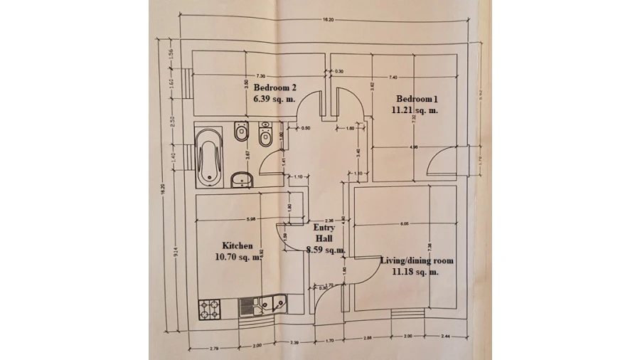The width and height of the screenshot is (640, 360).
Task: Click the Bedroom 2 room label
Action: (274, 88)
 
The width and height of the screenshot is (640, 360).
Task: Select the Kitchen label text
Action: (237, 245)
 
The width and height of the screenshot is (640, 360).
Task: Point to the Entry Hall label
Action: (324, 233)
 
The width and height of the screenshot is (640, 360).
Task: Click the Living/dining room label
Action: (416, 260)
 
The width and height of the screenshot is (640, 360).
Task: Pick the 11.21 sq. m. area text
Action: (415, 110)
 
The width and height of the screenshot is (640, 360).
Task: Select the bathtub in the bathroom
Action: (208, 155)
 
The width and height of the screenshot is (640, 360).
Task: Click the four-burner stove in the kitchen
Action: (211, 308)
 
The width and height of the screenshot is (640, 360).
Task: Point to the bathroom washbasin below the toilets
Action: (242, 179)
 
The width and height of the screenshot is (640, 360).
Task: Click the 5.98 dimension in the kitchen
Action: (250, 218)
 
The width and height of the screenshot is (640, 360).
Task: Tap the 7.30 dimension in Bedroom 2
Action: (260, 76)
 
